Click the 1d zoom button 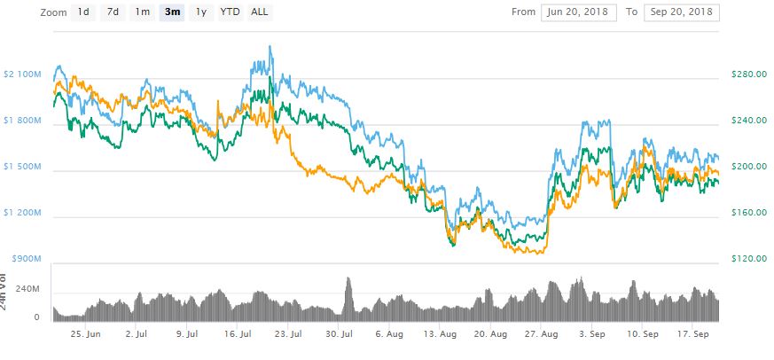[x=82, y=12]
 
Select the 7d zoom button [x=113, y=12]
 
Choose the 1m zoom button [x=142, y=12]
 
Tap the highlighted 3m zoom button [x=172, y=12]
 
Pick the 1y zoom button [x=201, y=12]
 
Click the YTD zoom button [x=231, y=12]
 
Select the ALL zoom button [x=261, y=12]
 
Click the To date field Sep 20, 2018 [x=681, y=12]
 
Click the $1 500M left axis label [x=22, y=167]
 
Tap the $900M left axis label [x=26, y=259]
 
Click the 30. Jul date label [x=341, y=335]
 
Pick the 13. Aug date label [x=441, y=335]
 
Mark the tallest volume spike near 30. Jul [x=348, y=280]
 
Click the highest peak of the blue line [x=270, y=46]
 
